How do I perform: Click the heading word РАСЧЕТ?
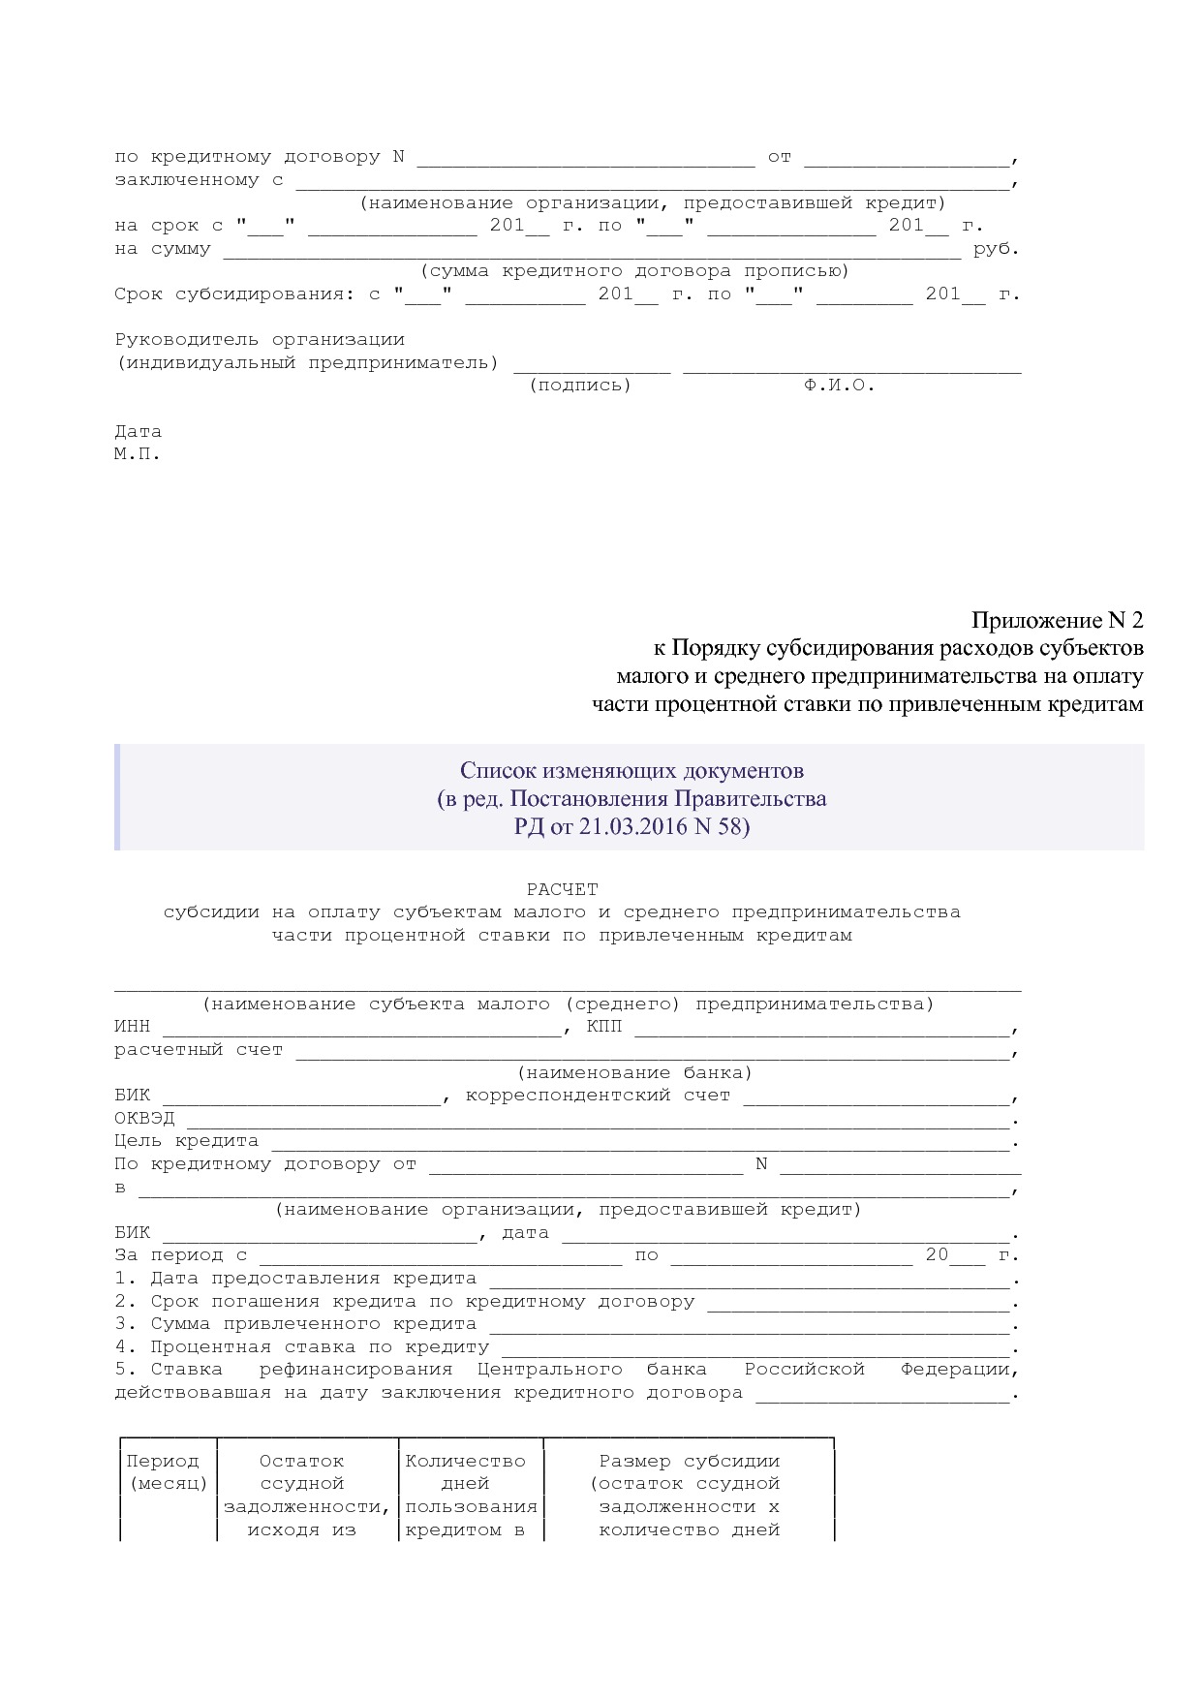click(x=563, y=888)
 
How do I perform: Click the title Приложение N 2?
click(x=1058, y=620)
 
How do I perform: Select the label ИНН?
click(x=133, y=1027)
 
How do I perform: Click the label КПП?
click(x=605, y=1027)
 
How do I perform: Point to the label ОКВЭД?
click(x=144, y=1118)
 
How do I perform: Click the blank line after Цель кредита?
click(x=639, y=1144)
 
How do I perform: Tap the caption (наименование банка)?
click(x=634, y=1072)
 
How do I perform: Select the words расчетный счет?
click(x=199, y=1050)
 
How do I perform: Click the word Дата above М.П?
click(x=138, y=431)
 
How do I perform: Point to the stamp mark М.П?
click(x=137, y=453)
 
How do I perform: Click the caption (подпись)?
click(x=580, y=386)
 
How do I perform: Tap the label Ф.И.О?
click(x=839, y=386)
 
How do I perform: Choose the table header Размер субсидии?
click(x=689, y=1461)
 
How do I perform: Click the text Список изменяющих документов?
click(x=631, y=771)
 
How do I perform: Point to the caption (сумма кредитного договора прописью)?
click(x=634, y=271)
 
